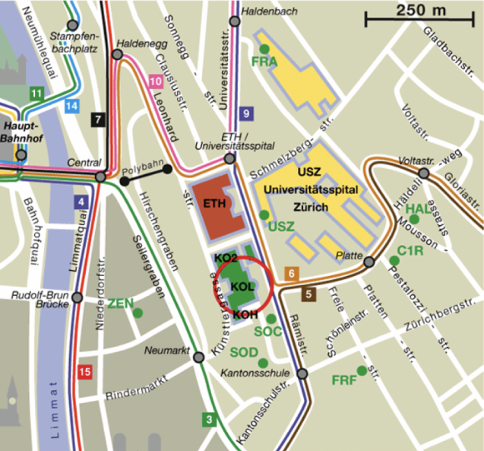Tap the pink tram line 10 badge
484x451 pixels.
point(156,81)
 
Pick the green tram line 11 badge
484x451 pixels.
point(36,94)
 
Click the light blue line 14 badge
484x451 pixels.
point(71,106)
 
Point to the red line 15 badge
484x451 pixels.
point(85,372)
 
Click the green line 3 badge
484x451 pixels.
point(210,418)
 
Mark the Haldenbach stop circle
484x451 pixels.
point(235,21)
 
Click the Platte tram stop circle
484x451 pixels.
point(369,262)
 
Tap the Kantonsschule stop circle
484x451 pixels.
point(302,373)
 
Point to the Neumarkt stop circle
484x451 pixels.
point(199,357)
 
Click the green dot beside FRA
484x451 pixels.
point(264,49)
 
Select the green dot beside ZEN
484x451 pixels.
point(138,313)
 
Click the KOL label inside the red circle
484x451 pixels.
point(241,286)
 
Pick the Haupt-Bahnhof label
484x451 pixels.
point(20,132)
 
